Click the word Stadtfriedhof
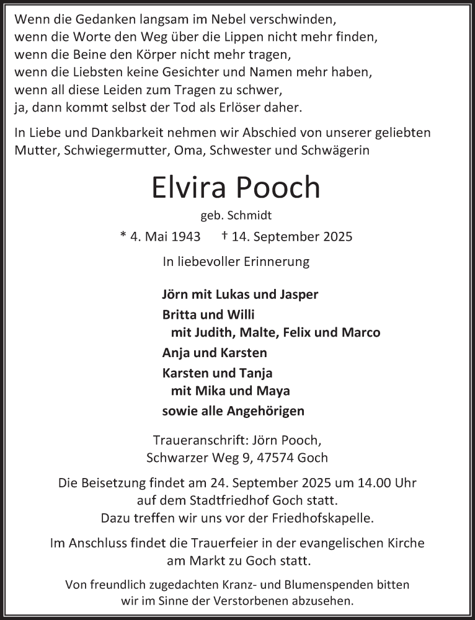pos(227,499)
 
